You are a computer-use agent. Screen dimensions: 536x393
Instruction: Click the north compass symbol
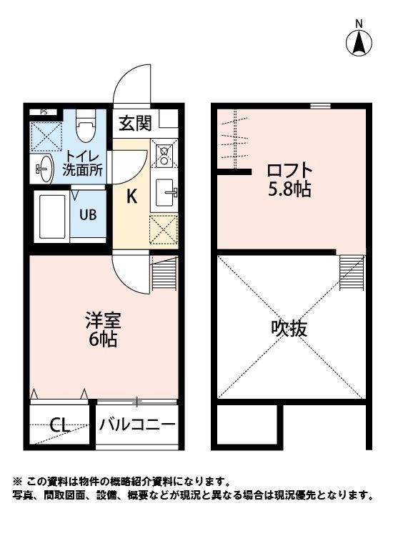click(x=359, y=43)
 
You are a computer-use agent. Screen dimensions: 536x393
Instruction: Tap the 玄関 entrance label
click(x=135, y=123)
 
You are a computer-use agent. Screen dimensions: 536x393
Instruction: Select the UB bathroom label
click(x=88, y=213)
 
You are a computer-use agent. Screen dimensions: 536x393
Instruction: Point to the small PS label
click(x=44, y=111)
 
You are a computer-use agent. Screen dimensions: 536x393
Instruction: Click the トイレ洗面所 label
click(x=84, y=164)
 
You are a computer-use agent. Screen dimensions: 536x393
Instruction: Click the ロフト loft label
click(x=289, y=172)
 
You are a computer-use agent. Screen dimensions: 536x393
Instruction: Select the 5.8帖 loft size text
click(x=289, y=191)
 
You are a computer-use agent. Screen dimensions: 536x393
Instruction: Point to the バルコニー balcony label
click(x=136, y=425)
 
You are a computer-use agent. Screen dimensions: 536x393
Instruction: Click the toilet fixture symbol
click(x=85, y=126)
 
